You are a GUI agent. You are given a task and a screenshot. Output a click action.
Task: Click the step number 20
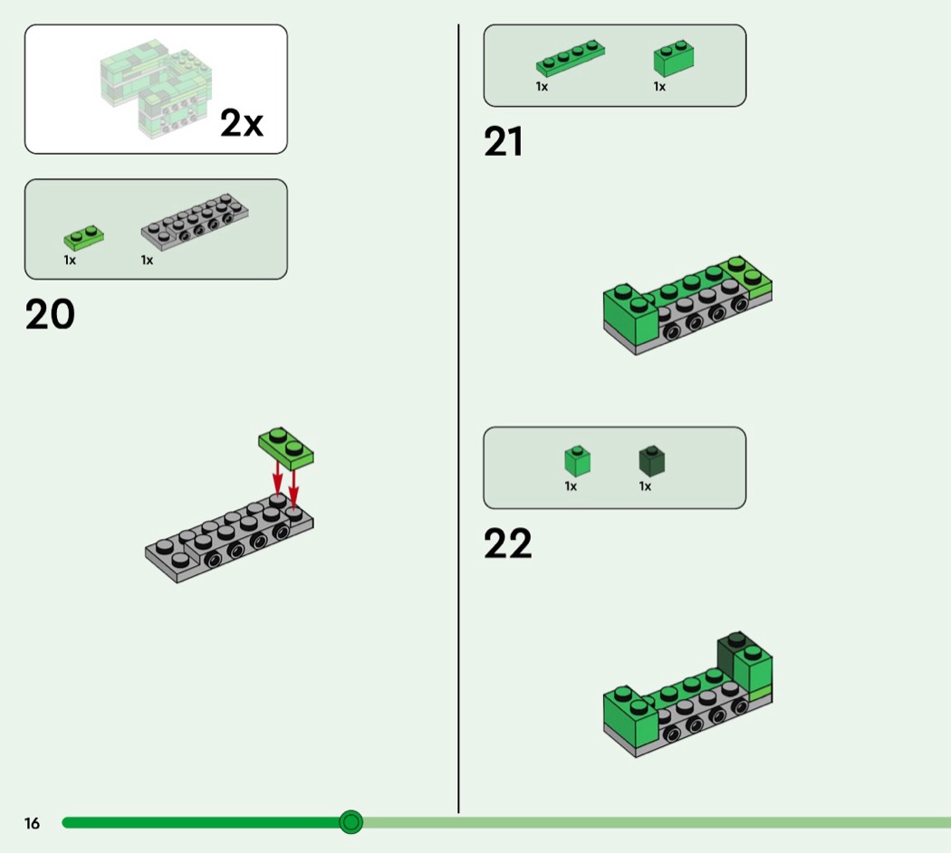(50, 314)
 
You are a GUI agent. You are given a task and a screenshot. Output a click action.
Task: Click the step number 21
(504, 142)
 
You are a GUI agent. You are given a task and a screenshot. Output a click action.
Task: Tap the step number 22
(507, 543)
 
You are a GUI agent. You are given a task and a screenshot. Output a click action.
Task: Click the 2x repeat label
(242, 123)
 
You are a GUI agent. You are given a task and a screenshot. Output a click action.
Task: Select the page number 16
(33, 823)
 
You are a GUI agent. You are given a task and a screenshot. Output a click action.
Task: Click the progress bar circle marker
(351, 822)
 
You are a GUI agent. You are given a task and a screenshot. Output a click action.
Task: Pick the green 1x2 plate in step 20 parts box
(83, 237)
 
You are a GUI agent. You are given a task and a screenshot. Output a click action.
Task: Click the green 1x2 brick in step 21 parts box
(674, 58)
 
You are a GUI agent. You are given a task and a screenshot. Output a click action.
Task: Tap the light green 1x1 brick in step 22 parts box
(577, 460)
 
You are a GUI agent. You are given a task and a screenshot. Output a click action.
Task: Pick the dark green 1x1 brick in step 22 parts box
(652, 460)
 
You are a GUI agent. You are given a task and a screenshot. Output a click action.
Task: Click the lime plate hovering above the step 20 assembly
(286, 446)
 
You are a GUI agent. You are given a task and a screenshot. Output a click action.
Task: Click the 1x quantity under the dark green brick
(645, 486)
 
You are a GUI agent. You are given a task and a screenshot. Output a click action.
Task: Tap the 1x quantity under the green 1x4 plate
(542, 87)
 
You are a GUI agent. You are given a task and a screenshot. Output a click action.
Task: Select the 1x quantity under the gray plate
(147, 261)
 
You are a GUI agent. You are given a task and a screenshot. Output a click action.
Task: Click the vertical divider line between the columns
(458, 417)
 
